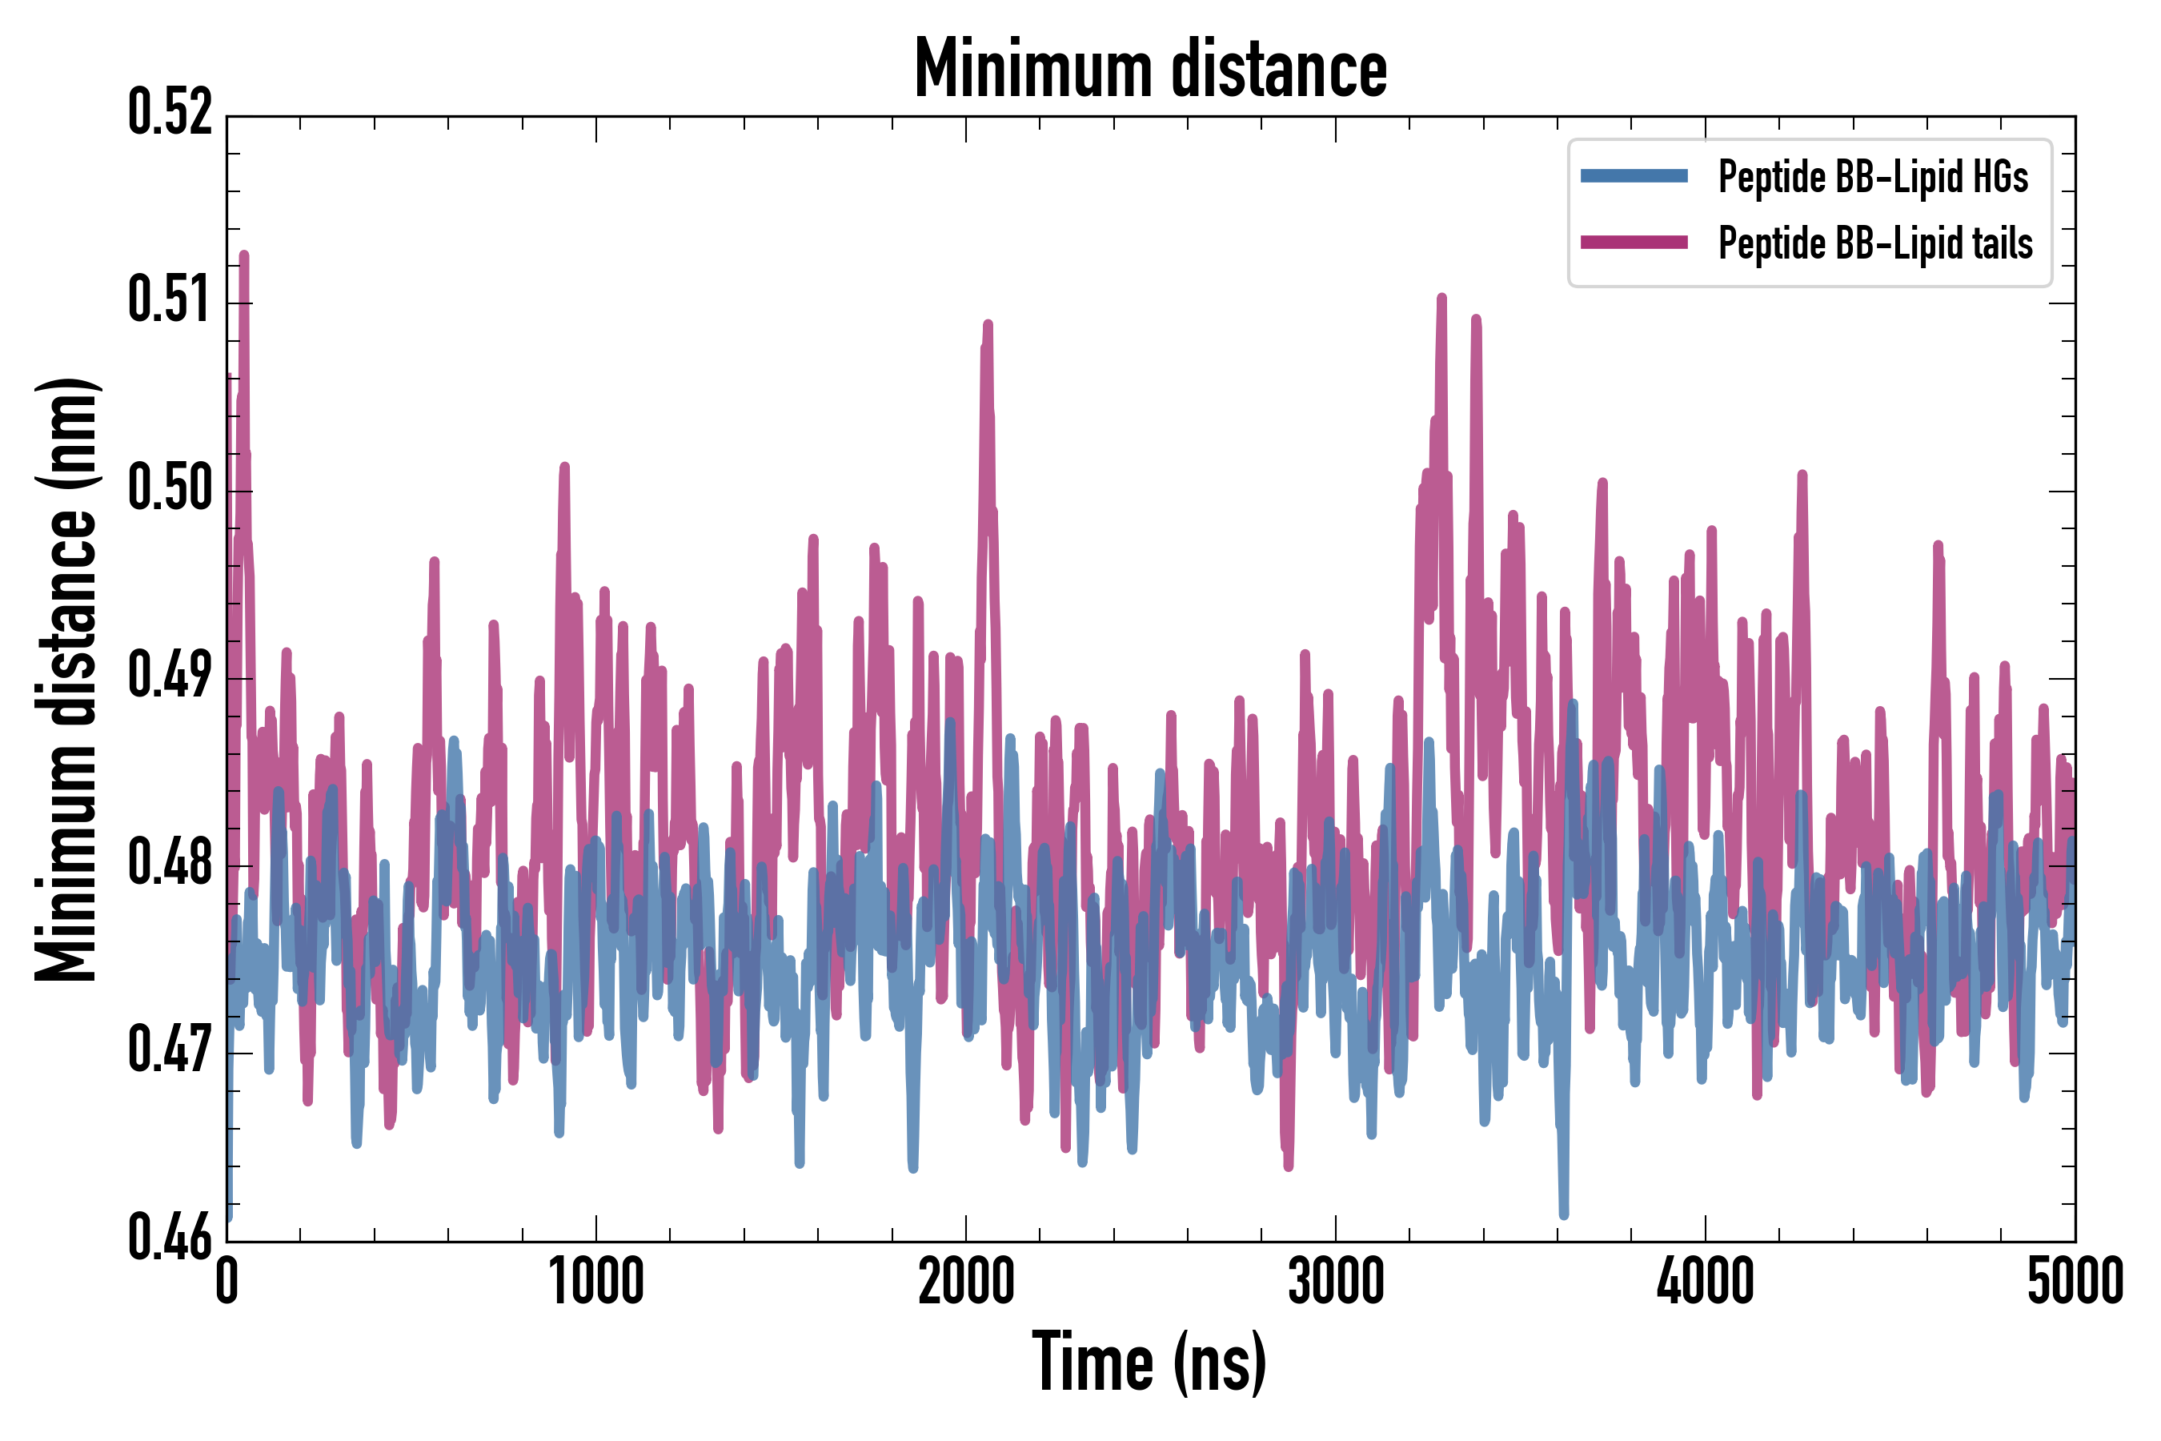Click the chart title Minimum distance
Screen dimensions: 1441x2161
click(1150, 70)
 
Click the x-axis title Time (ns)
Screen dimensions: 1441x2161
click(1149, 1363)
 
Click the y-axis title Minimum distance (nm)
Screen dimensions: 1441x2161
click(66, 679)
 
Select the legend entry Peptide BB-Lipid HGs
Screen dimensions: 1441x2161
click(1873, 176)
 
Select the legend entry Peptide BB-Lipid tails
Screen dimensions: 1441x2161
click(1875, 243)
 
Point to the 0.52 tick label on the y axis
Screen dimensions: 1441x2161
click(170, 114)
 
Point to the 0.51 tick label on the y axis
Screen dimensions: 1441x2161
click(170, 302)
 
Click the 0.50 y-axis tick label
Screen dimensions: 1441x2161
click(170, 489)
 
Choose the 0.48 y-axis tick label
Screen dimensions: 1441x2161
click(170, 865)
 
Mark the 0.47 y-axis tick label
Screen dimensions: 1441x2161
click(170, 1052)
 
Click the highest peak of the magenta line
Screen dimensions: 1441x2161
click(244, 255)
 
